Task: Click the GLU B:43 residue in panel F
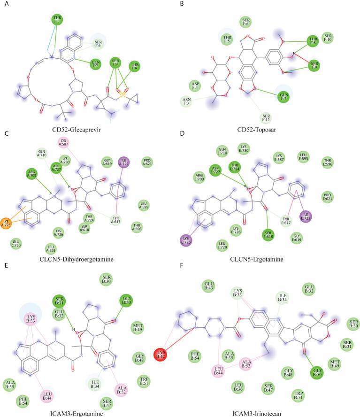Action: (x=209, y=285)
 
